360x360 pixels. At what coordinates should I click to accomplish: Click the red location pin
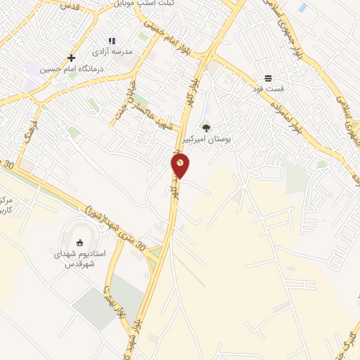coord(180,166)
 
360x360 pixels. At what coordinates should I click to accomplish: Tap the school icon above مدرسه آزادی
coord(111,41)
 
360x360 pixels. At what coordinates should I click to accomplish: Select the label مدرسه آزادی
coord(111,52)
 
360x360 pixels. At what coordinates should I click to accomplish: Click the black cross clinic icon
coord(70,58)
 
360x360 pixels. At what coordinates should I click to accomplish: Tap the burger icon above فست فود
coord(268,78)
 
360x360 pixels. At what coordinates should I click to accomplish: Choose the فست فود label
coord(268,89)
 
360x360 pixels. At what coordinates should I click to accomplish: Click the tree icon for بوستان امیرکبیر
coord(205,127)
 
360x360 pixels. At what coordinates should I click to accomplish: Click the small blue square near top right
coord(302,8)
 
